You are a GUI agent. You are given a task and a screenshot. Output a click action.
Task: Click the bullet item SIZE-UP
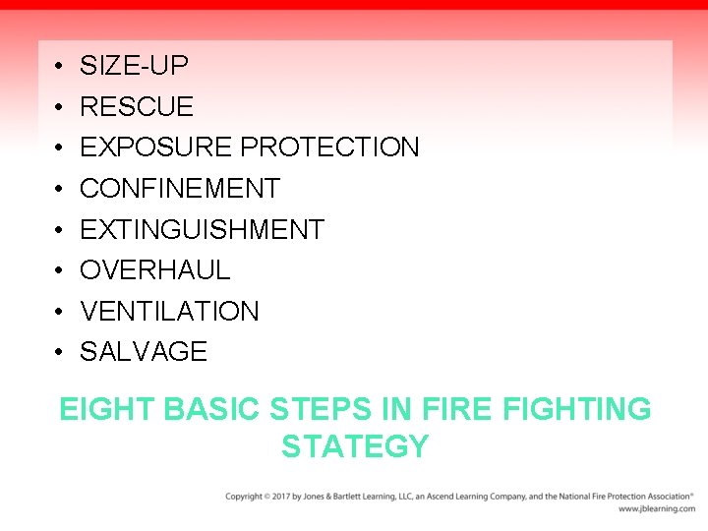pos(134,66)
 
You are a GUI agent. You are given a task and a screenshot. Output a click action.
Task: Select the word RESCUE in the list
pos(137,106)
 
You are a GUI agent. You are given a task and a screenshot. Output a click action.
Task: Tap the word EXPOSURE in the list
pos(156,147)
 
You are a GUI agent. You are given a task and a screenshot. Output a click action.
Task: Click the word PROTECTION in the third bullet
pos(329,147)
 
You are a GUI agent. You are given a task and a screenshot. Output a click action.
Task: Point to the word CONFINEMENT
pos(180,189)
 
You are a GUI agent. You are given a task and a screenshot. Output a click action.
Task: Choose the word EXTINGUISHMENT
pos(202,230)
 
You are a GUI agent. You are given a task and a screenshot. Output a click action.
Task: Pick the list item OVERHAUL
pos(154,270)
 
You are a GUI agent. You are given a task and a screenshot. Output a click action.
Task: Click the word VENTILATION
pos(169,312)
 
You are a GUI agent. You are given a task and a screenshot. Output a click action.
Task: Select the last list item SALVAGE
pos(144,352)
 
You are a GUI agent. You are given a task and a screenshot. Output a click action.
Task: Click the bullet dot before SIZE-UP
pos(60,67)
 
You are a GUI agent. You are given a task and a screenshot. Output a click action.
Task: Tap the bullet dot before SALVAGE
pos(60,353)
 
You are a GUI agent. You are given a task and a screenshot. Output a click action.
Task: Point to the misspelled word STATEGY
pos(355,447)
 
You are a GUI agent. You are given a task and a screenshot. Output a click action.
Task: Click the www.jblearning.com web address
pos(656,509)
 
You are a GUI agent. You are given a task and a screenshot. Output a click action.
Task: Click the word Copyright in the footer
pos(245,497)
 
